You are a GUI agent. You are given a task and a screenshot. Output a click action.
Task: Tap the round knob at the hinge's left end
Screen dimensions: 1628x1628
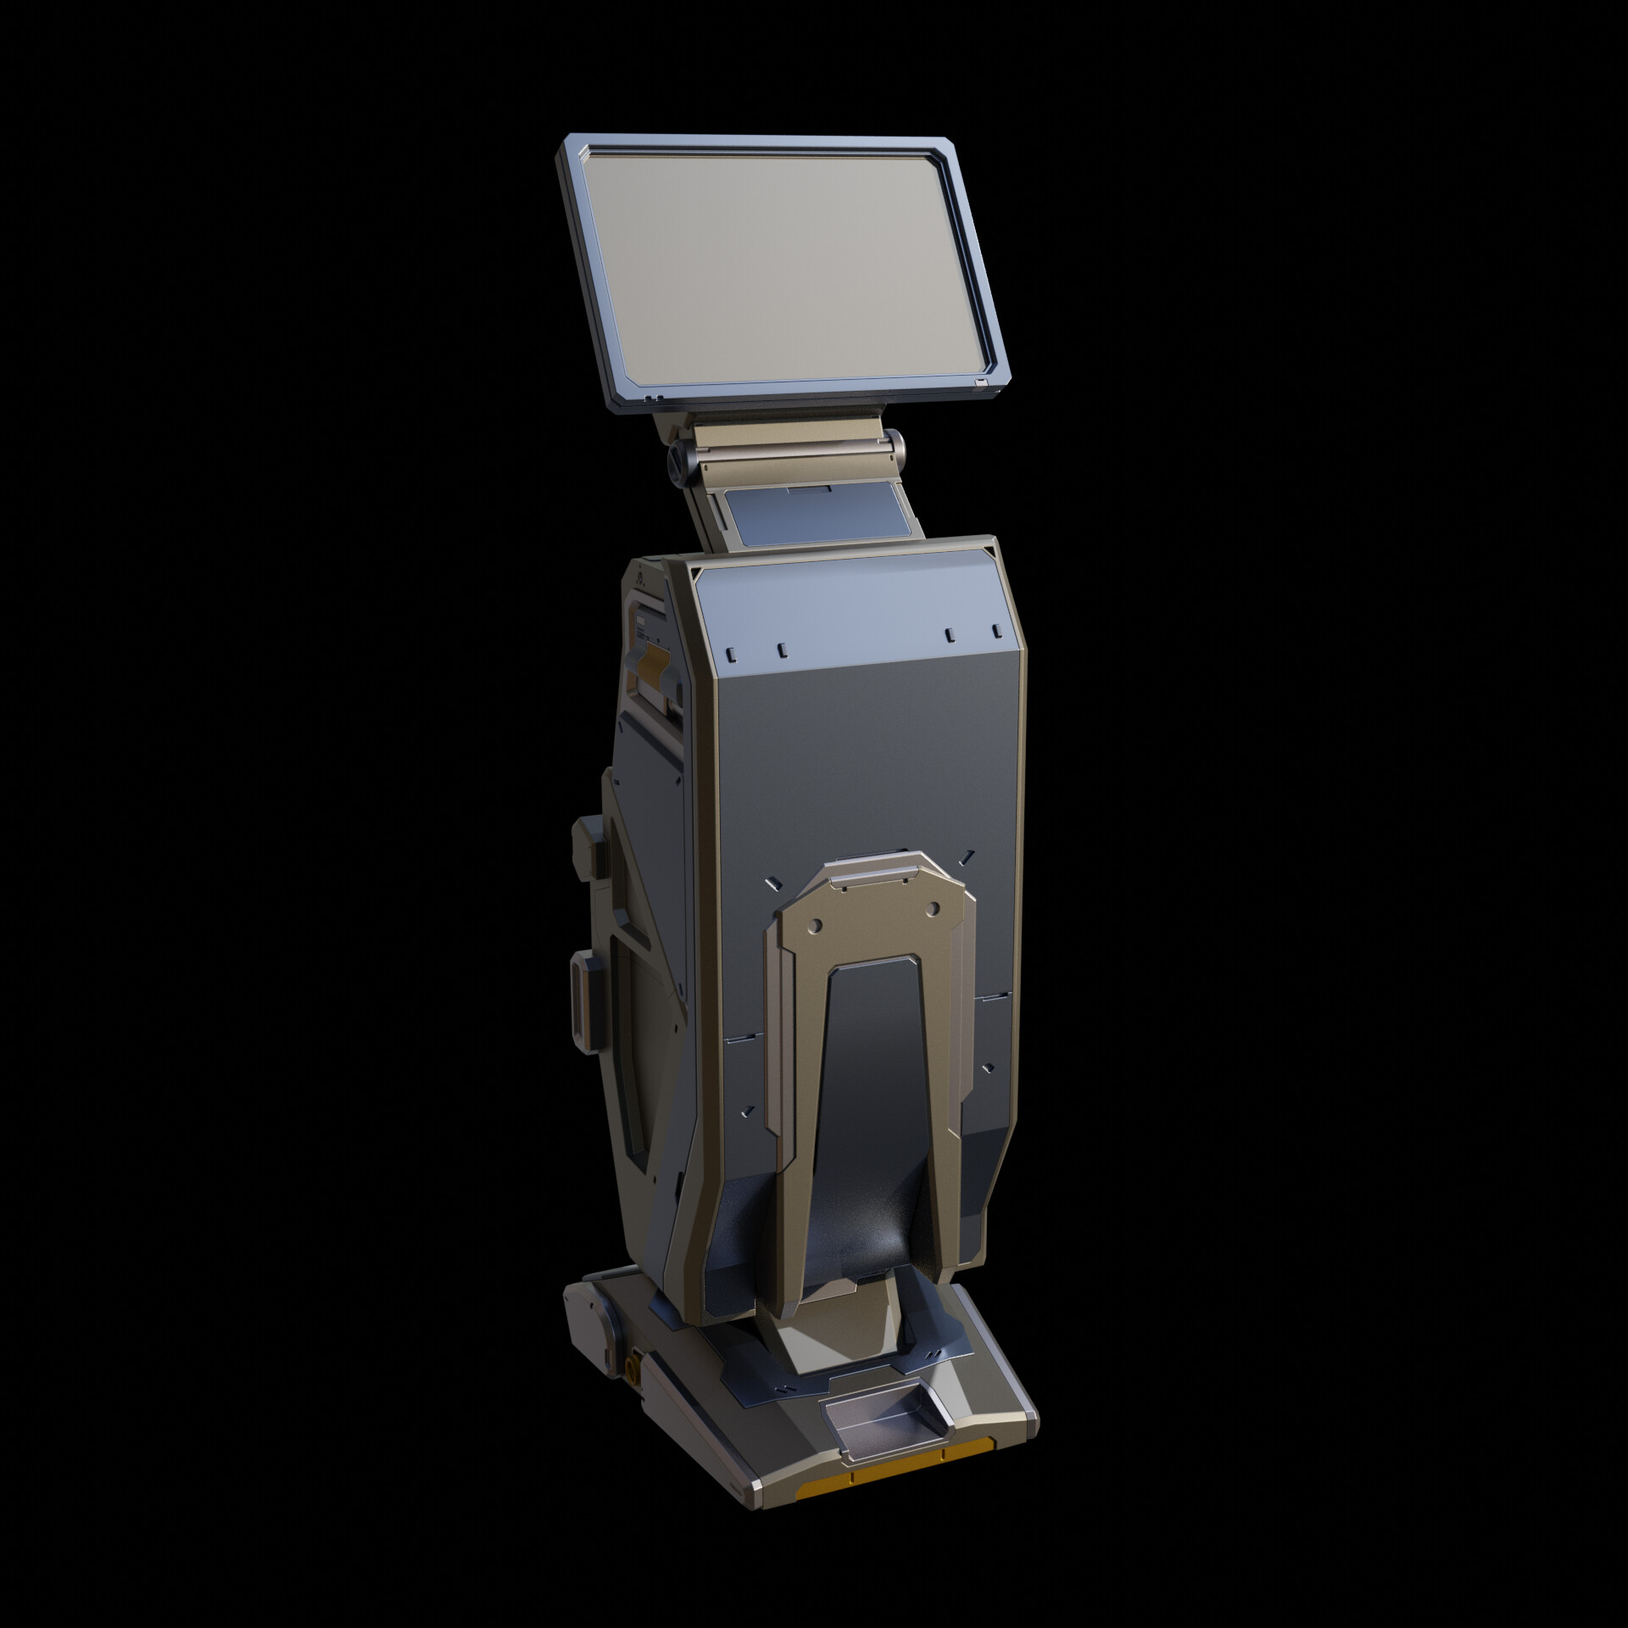click(679, 459)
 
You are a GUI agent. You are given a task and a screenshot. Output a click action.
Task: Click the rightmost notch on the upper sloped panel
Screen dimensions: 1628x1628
click(996, 630)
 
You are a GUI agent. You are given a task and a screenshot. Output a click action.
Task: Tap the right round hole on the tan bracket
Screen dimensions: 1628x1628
click(933, 909)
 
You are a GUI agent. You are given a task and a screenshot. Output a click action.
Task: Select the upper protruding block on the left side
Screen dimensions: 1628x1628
click(590, 843)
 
